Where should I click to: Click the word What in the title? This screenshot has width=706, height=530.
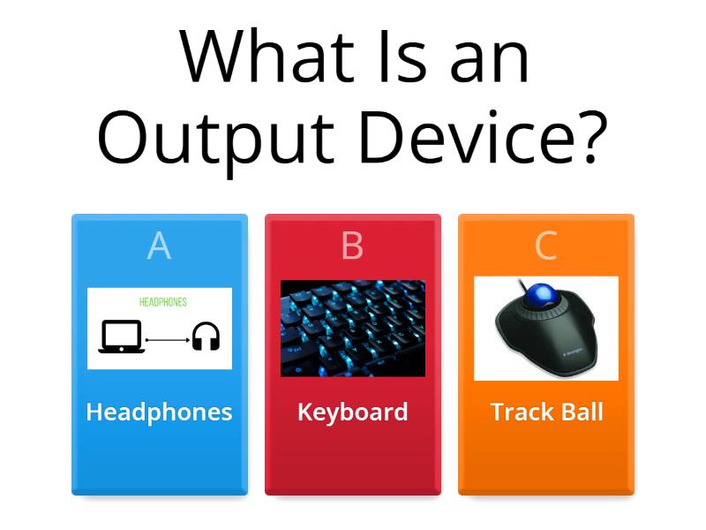coord(256,57)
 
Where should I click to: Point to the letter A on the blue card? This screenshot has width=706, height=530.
coord(159,246)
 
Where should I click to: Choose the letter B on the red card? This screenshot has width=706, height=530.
coord(352,246)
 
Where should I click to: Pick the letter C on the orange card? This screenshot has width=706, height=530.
coord(545,246)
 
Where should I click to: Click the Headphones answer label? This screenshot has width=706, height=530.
coord(159,412)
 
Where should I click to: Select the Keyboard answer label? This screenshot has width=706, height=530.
coord(352,412)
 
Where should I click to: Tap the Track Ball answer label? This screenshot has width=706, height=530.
coord(546,412)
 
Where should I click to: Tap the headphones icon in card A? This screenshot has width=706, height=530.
coord(206,337)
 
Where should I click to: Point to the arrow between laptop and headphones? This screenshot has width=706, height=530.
coord(168,338)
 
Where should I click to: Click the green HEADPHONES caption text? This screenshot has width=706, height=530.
coord(163,302)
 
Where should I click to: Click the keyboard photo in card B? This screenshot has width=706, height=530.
coord(352,328)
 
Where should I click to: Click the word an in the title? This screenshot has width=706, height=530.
coord(487,57)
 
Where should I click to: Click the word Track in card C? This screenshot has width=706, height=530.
coord(519,412)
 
